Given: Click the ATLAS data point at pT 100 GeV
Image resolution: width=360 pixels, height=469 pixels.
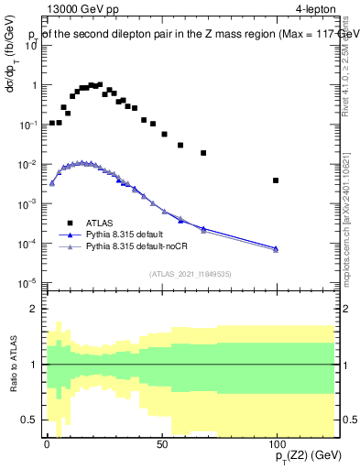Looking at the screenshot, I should pyautogui.click(x=276, y=180).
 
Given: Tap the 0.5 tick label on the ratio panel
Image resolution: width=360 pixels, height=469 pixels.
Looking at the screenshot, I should pyautogui.click(x=29, y=420).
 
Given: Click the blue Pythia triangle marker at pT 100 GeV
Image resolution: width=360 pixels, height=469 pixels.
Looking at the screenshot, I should pyautogui.click(x=276, y=248).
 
